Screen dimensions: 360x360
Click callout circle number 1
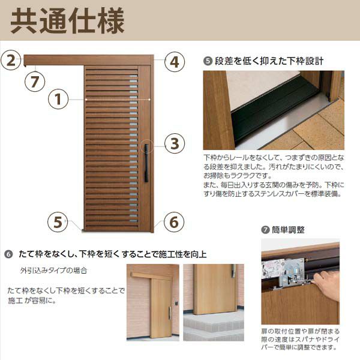[x=58, y=99]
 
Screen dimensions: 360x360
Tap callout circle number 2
[x=11, y=60]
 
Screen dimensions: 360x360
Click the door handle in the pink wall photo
[x=170, y=313]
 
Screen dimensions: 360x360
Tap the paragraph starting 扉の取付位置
[x=301, y=338]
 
